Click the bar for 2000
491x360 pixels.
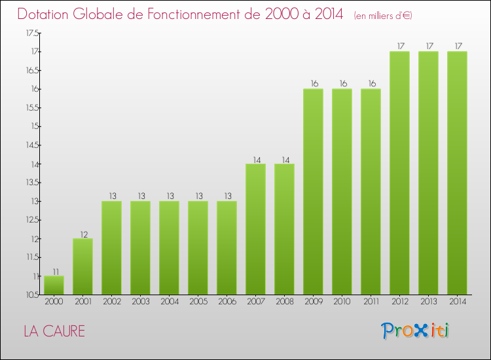tap(54, 285)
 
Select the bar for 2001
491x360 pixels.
tap(82, 266)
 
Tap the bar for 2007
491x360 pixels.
tap(255, 229)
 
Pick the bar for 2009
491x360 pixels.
tap(313, 192)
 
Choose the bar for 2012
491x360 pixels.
tap(399, 173)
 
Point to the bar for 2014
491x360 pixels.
tap(457, 173)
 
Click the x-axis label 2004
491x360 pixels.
tap(169, 302)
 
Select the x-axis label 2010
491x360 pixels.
tap(342, 302)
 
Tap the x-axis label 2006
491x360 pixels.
tap(227, 302)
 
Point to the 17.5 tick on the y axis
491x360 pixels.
tap(32, 33)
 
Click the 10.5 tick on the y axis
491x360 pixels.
tap(32, 295)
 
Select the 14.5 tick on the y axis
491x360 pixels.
tap(32, 145)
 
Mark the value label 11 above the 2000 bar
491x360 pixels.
tap(54, 271)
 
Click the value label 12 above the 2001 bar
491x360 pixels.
tap(82, 234)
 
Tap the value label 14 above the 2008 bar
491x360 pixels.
tap(284, 158)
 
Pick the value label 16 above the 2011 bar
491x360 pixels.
tap(371, 84)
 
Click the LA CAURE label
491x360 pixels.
tap(54, 331)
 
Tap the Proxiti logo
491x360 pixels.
tap(415, 331)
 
